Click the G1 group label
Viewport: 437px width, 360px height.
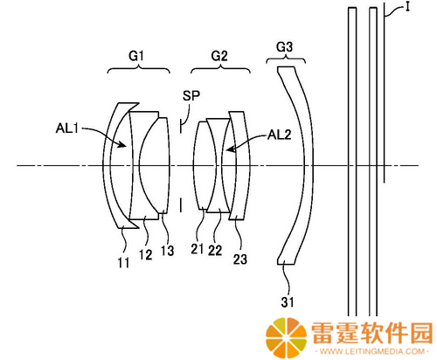click(136, 56)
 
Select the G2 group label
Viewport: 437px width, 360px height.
click(219, 56)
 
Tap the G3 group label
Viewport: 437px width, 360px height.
click(284, 47)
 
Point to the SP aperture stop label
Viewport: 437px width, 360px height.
click(191, 96)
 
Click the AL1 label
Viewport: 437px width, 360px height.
click(67, 128)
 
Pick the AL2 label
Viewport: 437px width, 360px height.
click(280, 135)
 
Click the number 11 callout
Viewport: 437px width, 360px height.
click(123, 263)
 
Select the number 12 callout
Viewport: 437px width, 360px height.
click(145, 255)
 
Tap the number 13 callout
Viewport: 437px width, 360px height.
click(168, 251)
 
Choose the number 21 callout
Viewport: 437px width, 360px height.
click(198, 249)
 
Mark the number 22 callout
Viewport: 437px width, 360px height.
click(215, 250)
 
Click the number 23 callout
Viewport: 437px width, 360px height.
click(240, 260)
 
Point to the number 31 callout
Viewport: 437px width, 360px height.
click(288, 302)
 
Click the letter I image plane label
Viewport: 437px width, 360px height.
click(408, 7)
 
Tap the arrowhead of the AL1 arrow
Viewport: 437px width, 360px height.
click(124, 144)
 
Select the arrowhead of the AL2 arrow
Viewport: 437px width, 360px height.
click(231, 149)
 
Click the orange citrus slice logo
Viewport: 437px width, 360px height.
click(286, 337)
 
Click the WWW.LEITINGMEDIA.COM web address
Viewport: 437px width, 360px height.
click(372, 351)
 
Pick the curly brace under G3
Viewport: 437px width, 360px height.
click(286, 59)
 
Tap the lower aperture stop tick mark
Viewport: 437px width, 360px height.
click(181, 205)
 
